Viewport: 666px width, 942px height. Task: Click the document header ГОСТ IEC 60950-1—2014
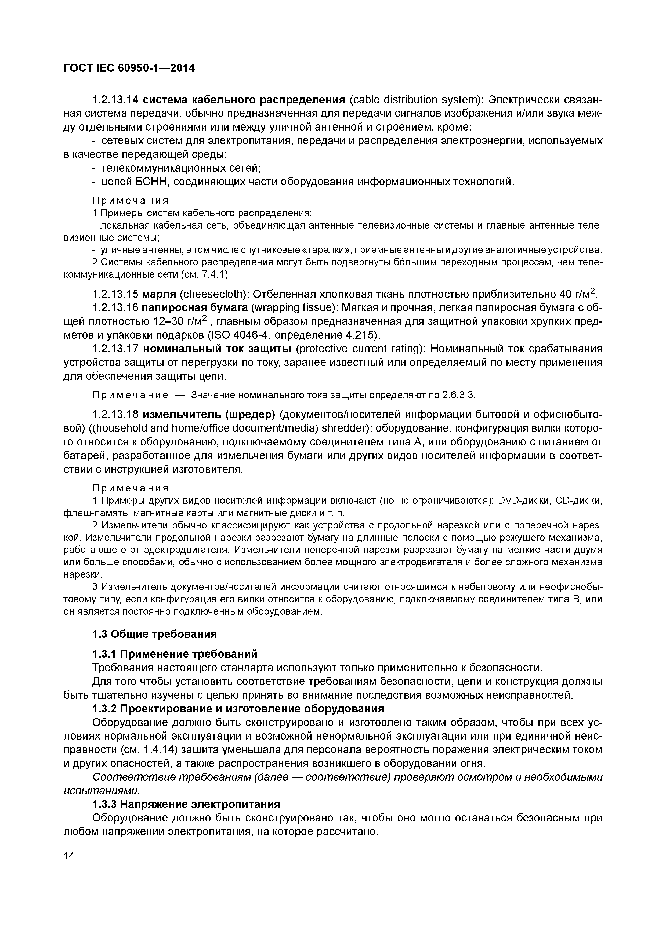pyautogui.click(x=129, y=68)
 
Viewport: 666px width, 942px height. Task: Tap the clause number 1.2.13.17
pyautogui.click(x=116, y=349)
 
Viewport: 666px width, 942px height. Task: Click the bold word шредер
pyautogui.click(x=252, y=415)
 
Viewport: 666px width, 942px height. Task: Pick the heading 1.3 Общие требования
pyautogui.click(x=154, y=634)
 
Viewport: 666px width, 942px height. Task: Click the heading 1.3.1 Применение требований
pyautogui.click(x=175, y=654)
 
